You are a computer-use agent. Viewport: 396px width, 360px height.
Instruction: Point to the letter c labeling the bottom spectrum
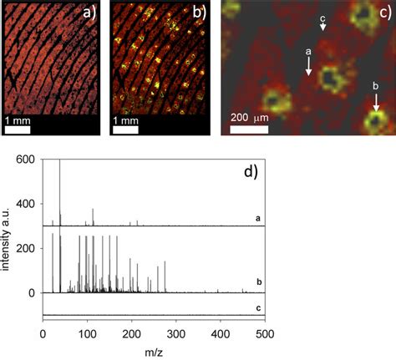pos(259,307)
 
